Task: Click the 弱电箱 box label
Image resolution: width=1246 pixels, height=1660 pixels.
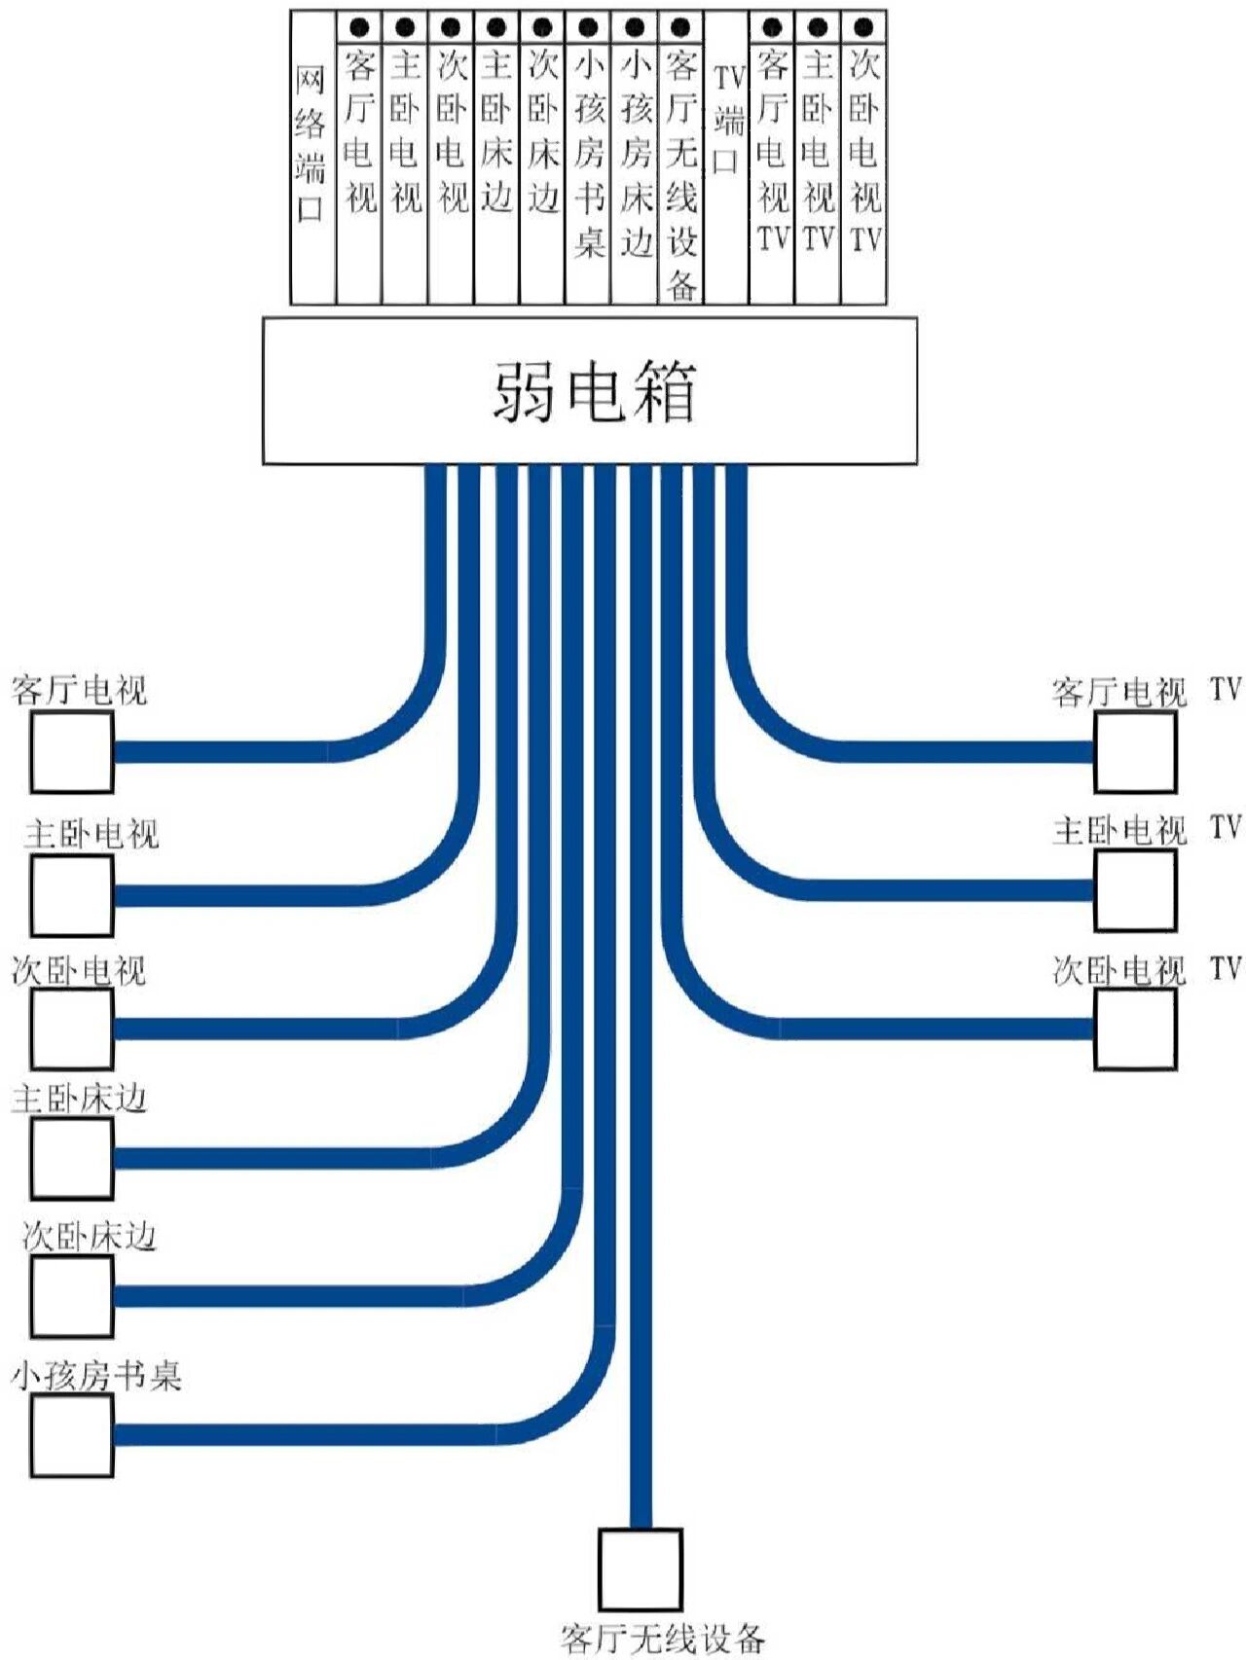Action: [x=592, y=391]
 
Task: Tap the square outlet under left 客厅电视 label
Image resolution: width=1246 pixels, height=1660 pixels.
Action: [x=71, y=752]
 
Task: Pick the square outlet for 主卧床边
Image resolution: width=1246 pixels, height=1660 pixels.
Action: [x=71, y=1158]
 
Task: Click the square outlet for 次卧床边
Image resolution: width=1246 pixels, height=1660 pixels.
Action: [x=71, y=1296]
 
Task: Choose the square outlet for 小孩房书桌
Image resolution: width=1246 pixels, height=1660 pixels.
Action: [x=71, y=1435]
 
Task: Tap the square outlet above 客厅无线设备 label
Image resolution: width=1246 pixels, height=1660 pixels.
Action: [x=640, y=1569]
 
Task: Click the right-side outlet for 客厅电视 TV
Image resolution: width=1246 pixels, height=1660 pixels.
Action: [x=1135, y=752]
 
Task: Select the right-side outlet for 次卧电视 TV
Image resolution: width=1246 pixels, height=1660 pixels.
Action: [x=1135, y=1028]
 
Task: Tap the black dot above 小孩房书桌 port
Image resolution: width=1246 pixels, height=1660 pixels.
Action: [x=588, y=27]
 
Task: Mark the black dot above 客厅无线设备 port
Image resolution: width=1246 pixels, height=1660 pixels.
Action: [x=680, y=27]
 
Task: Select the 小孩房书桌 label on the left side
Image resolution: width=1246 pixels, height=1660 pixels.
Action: [x=96, y=1376]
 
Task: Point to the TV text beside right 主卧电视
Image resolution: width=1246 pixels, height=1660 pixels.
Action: [x=1226, y=827]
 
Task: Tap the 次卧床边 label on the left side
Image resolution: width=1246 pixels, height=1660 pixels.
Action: [x=89, y=1237]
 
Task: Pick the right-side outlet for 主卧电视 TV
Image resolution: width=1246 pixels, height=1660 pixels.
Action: [x=1135, y=890]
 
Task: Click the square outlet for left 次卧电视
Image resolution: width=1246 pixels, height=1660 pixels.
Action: [x=71, y=1028]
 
